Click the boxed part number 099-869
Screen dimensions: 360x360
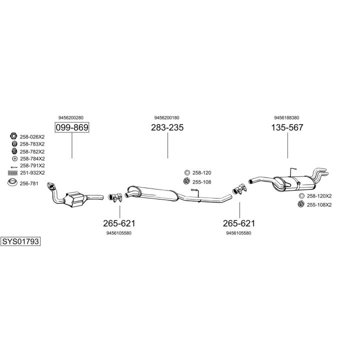click(71, 127)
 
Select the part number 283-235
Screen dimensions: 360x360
click(167, 127)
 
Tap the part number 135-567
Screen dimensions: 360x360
click(287, 127)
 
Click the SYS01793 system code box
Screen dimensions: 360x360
click(21, 241)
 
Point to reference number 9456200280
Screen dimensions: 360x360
click(71, 117)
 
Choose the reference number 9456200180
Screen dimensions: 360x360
click(167, 117)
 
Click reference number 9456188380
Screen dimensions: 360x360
click(287, 117)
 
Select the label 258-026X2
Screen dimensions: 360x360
click(32, 136)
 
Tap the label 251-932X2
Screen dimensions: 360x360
click(32, 172)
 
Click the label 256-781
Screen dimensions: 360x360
click(29, 183)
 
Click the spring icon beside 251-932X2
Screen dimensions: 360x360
click(12, 173)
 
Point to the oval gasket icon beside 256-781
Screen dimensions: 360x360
click(13, 183)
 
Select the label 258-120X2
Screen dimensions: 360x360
click(319, 196)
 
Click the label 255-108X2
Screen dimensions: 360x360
click(319, 204)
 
